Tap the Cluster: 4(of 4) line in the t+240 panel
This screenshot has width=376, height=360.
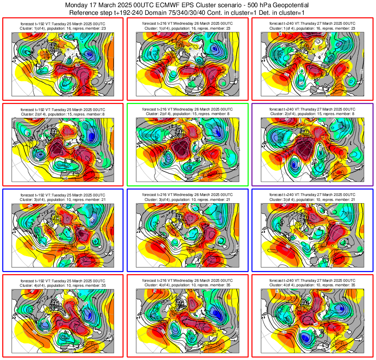pos(312,285)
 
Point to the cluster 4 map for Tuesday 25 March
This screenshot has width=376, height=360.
pos(62,321)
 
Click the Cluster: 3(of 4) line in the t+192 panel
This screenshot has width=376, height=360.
pos(62,200)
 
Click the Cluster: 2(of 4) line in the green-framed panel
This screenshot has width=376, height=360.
pos(187,114)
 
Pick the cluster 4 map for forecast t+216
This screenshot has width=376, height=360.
pos(187,321)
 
